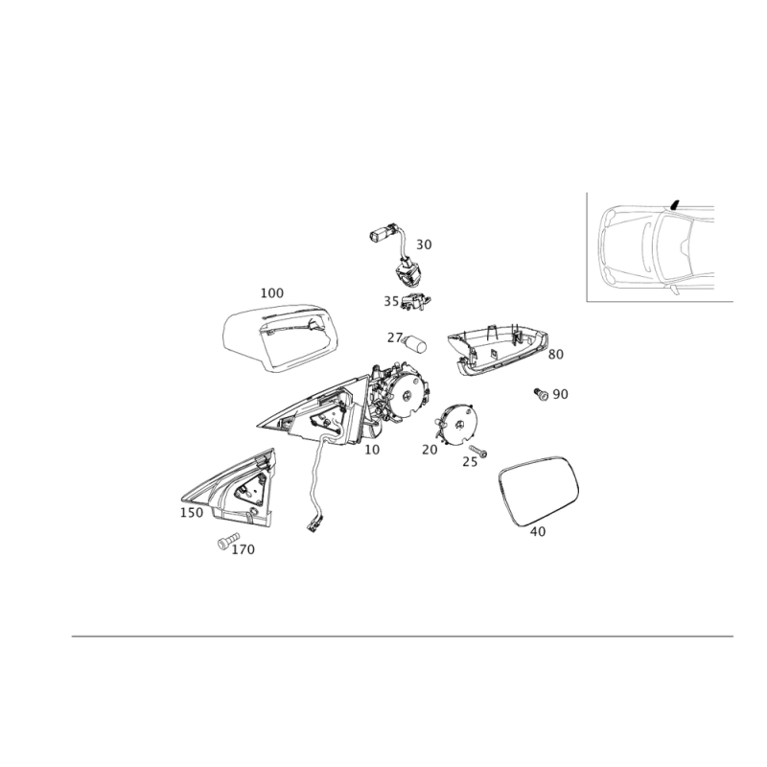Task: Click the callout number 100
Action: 272,293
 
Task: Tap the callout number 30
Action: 424,244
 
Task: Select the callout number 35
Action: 391,301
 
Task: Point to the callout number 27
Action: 395,337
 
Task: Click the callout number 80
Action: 556,354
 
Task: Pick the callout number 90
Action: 561,394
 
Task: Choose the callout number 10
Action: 372,450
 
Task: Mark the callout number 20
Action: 430,450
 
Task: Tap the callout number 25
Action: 470,462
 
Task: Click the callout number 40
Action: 538,531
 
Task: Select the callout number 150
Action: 192,513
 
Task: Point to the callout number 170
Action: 244,549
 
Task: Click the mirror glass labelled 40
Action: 539,490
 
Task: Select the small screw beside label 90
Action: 541,394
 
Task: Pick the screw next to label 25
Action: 477,451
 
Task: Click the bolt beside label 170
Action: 227,540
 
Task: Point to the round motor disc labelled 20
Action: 457,424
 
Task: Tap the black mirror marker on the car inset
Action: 675,204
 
